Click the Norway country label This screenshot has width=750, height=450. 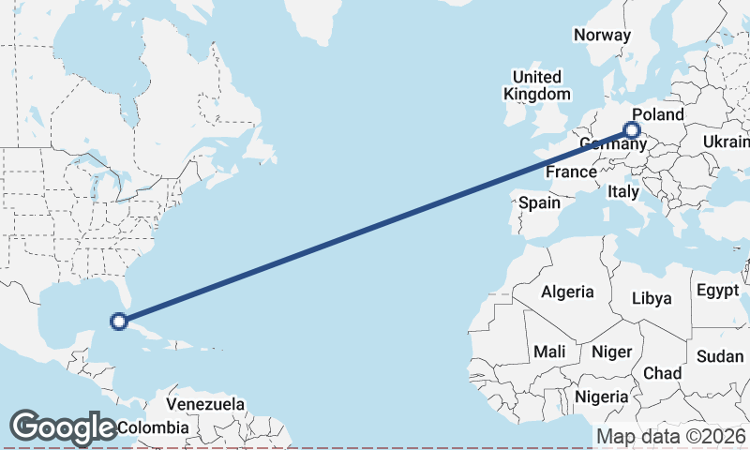(602, 35)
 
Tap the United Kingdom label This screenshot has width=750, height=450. (536, 85)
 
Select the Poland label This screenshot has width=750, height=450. (665, 114)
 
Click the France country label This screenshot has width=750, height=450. (571, 172)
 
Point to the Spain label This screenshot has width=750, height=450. (539, 202)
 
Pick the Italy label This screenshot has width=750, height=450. (622, 191)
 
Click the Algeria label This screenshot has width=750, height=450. (566, 292)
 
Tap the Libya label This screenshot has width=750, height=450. (652, 298)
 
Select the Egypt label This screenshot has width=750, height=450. (718, 291)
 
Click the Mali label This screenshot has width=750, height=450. (549, 352)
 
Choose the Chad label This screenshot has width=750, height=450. (662, 373)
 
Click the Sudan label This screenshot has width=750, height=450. (720, 356)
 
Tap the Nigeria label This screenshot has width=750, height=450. (601, 397)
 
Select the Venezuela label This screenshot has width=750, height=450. (205, 405)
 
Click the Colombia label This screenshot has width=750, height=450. (153, 427)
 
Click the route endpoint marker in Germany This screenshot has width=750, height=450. (633, 130)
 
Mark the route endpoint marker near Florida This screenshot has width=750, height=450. (119, 322)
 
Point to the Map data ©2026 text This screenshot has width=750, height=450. (670, 436)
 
